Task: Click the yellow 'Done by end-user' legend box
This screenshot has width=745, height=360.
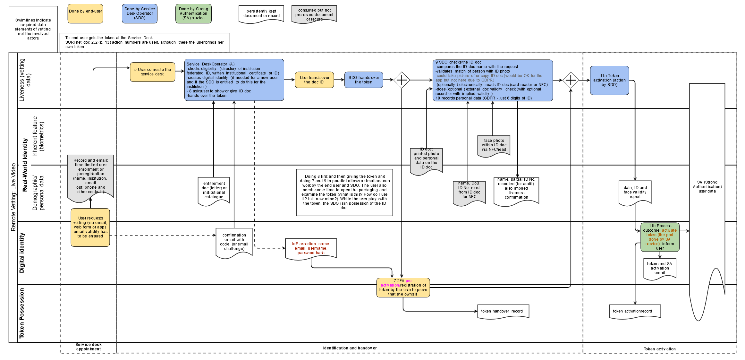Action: (85, 13)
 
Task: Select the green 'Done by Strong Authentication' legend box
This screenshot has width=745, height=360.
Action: (193, 13)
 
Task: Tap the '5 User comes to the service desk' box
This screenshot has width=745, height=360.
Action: (152, 72)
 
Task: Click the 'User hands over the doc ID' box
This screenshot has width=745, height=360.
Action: (314, 80)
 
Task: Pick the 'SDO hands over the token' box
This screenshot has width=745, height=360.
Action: (364, 80)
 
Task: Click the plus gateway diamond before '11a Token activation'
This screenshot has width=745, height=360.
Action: (571, 80)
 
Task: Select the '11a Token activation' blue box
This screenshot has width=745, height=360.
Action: (609, 80)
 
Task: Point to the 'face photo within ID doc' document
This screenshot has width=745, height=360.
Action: (494, 145)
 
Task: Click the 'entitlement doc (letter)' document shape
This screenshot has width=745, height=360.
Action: (214, 191)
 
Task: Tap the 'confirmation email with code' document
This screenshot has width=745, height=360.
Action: (234, 242)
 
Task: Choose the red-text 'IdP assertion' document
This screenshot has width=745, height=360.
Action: (311, 248)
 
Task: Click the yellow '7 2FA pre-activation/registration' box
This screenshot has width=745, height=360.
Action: (403, 287)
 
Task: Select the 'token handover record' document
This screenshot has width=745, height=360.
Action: (503, 311)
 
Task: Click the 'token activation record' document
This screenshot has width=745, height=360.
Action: (635, 311)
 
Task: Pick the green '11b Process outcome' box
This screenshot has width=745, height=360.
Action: (660, 237)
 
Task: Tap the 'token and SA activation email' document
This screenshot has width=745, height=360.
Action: (660, 268)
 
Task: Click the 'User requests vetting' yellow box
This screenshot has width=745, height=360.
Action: (90, 227)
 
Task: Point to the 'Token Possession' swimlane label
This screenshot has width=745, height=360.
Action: (22, 313)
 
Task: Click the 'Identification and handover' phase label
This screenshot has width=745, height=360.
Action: (350, 348)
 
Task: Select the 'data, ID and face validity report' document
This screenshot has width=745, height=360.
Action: (635, 192)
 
